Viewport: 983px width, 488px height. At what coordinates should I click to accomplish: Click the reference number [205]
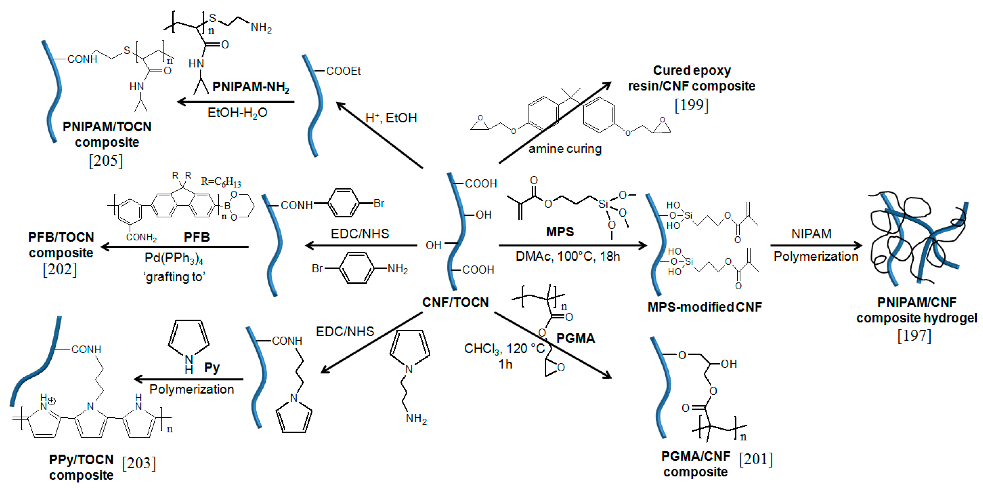coord(106,161)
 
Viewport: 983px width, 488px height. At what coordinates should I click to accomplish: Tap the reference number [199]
coord(691,105)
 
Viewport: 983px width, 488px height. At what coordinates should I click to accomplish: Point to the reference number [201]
coord(756,459)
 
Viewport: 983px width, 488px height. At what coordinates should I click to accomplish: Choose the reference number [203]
coord(139,463)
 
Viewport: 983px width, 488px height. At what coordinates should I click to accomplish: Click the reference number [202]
coord(60,269)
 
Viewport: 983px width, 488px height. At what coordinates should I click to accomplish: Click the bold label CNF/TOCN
coord(455,302)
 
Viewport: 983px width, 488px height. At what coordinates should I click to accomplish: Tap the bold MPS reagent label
coord(560,231)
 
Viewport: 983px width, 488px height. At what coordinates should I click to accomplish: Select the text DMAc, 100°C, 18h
coord(567,256)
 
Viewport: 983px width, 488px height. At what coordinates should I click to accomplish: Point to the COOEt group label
coord(343,71)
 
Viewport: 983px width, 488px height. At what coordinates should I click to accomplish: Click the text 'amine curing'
coord(565,148)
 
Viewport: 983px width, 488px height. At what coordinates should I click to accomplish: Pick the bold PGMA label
coord(575,338)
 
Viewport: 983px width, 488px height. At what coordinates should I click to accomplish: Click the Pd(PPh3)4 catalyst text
coord(174,259)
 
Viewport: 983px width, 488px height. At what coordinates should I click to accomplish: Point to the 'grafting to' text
coord(174,277)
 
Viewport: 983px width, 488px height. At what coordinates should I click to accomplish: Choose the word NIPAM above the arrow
coord(811,233)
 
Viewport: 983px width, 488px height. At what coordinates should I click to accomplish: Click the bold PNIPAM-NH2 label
coord(251,87)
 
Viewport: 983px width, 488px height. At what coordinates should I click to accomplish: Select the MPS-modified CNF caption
coord(704,307)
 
